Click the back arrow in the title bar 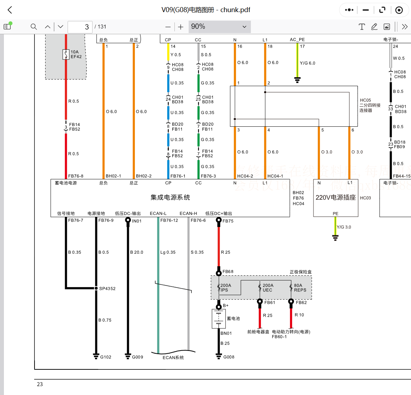click(x=10, y=10)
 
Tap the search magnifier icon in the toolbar click(x=34, y=27)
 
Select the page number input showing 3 click(x=80, y=27)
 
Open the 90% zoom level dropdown click(x=219, y=27)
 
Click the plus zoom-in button click(x=181, y=27)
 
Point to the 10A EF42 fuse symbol click(x=66, y=54)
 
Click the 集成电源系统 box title click(x=170, y=197)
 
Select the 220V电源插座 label click(x=336, y=197)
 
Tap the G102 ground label click(x=106, y=357)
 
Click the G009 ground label click(x=137, y=357)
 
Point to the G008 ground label click(x=229, y=357)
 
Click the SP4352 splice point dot click(x=96, y=288)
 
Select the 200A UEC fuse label click(x=268, y=288)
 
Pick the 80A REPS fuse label click(x=300, y=288)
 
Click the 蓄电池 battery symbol click(x=218, y=318)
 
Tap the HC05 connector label click(x=365, y=100)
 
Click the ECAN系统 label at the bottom click(x=173, y=358)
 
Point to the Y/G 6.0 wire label click(x=307, y=63)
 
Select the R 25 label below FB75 click(x=226, y=252)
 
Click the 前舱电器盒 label click(x=258, y=332)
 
